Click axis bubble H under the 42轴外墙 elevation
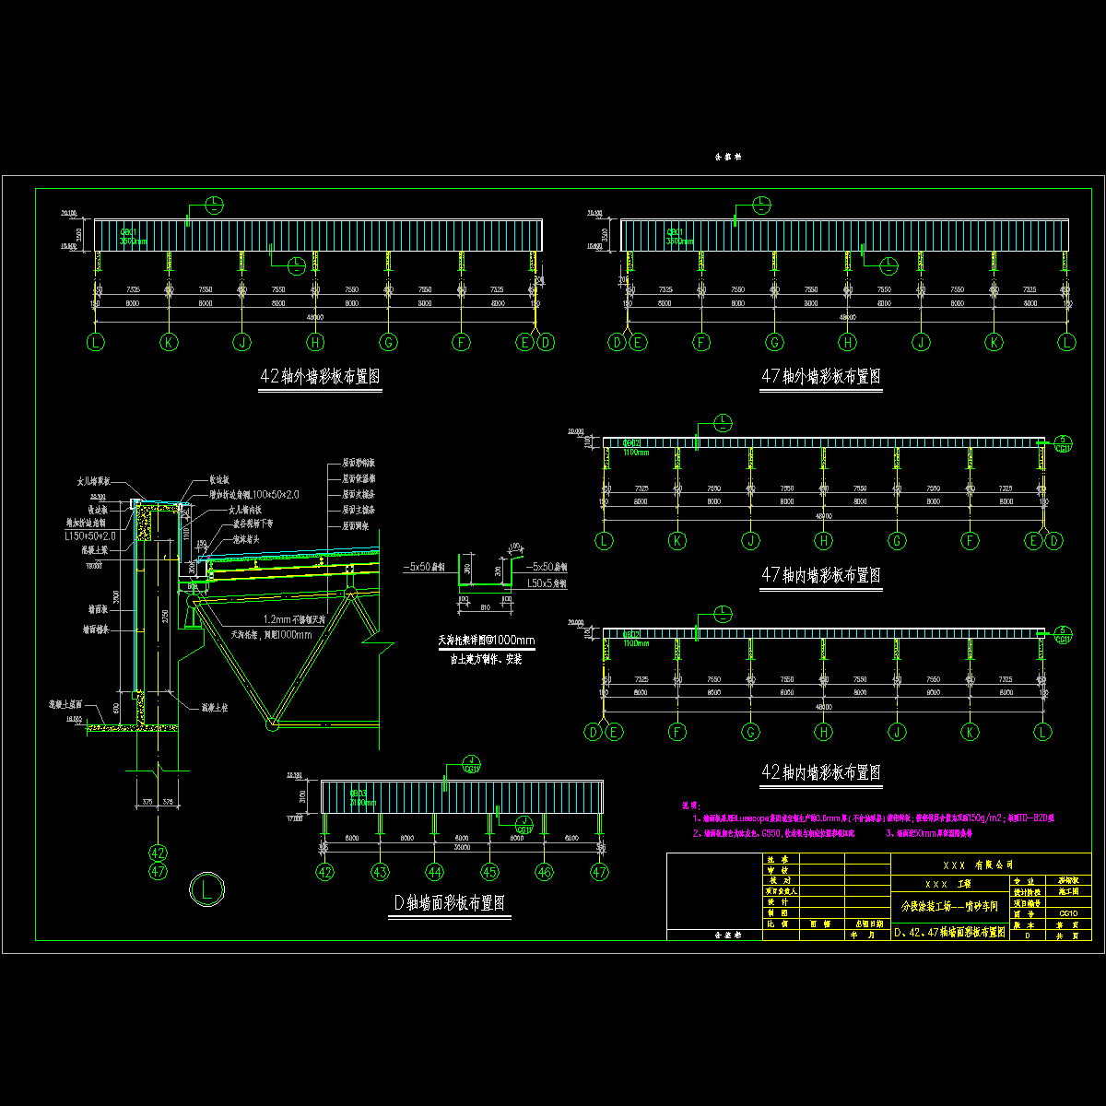[x=315, y=343]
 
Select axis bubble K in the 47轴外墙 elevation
[x=994, y=343]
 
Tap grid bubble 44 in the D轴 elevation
[x=434, y=871]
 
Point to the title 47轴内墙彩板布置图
[x=819, y=575]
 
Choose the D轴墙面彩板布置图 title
[x=451, y=903]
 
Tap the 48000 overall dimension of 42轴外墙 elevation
[x=315, y=317]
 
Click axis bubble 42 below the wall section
[x=159, y=853]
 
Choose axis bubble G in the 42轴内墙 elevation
[x=750, y=733]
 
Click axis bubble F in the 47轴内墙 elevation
[x=970, y=541]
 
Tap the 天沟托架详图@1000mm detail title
[x=486, y=640]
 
